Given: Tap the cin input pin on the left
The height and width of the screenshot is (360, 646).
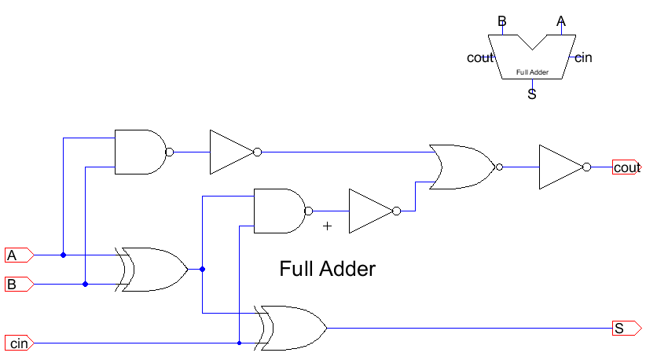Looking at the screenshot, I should pyautogui.click(x=19, y=343).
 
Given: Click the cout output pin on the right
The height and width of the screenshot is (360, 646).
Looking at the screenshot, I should pyautogui.click(x=627, y=167).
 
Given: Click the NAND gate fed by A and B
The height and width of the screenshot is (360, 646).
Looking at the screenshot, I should pyautogui.click(x=140, y=151).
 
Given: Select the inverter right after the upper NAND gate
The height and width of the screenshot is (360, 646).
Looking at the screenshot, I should pyautogui.click(x=231, y=152).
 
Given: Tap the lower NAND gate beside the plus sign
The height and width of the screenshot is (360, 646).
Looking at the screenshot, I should pyautogui.click(x=279, y=211).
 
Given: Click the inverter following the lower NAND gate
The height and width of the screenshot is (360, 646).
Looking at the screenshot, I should pyautogui.click(x=370, y=211).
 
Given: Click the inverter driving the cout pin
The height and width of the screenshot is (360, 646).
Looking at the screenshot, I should pyautogui.click(x=560, y=167).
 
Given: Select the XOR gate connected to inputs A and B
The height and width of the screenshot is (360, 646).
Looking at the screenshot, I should pyautogui.click(x=153, y=269).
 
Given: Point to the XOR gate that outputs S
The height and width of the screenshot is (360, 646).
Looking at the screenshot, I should pyautogui.click(x=292, y=328).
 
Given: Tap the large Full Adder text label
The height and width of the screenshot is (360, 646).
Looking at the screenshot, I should pyautogui.click(x=327, y=269).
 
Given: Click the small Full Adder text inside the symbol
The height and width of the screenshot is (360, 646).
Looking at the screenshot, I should pyautogui.click(x=532, y=72).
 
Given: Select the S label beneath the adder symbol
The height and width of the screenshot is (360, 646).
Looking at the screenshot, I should pyautogui.click(x=532, y=95).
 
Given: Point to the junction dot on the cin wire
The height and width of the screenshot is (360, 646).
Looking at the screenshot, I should pyautogui.click(x=239, y=343).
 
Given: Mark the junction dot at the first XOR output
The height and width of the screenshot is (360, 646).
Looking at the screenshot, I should pyautogui.click(x=203, y=270).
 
